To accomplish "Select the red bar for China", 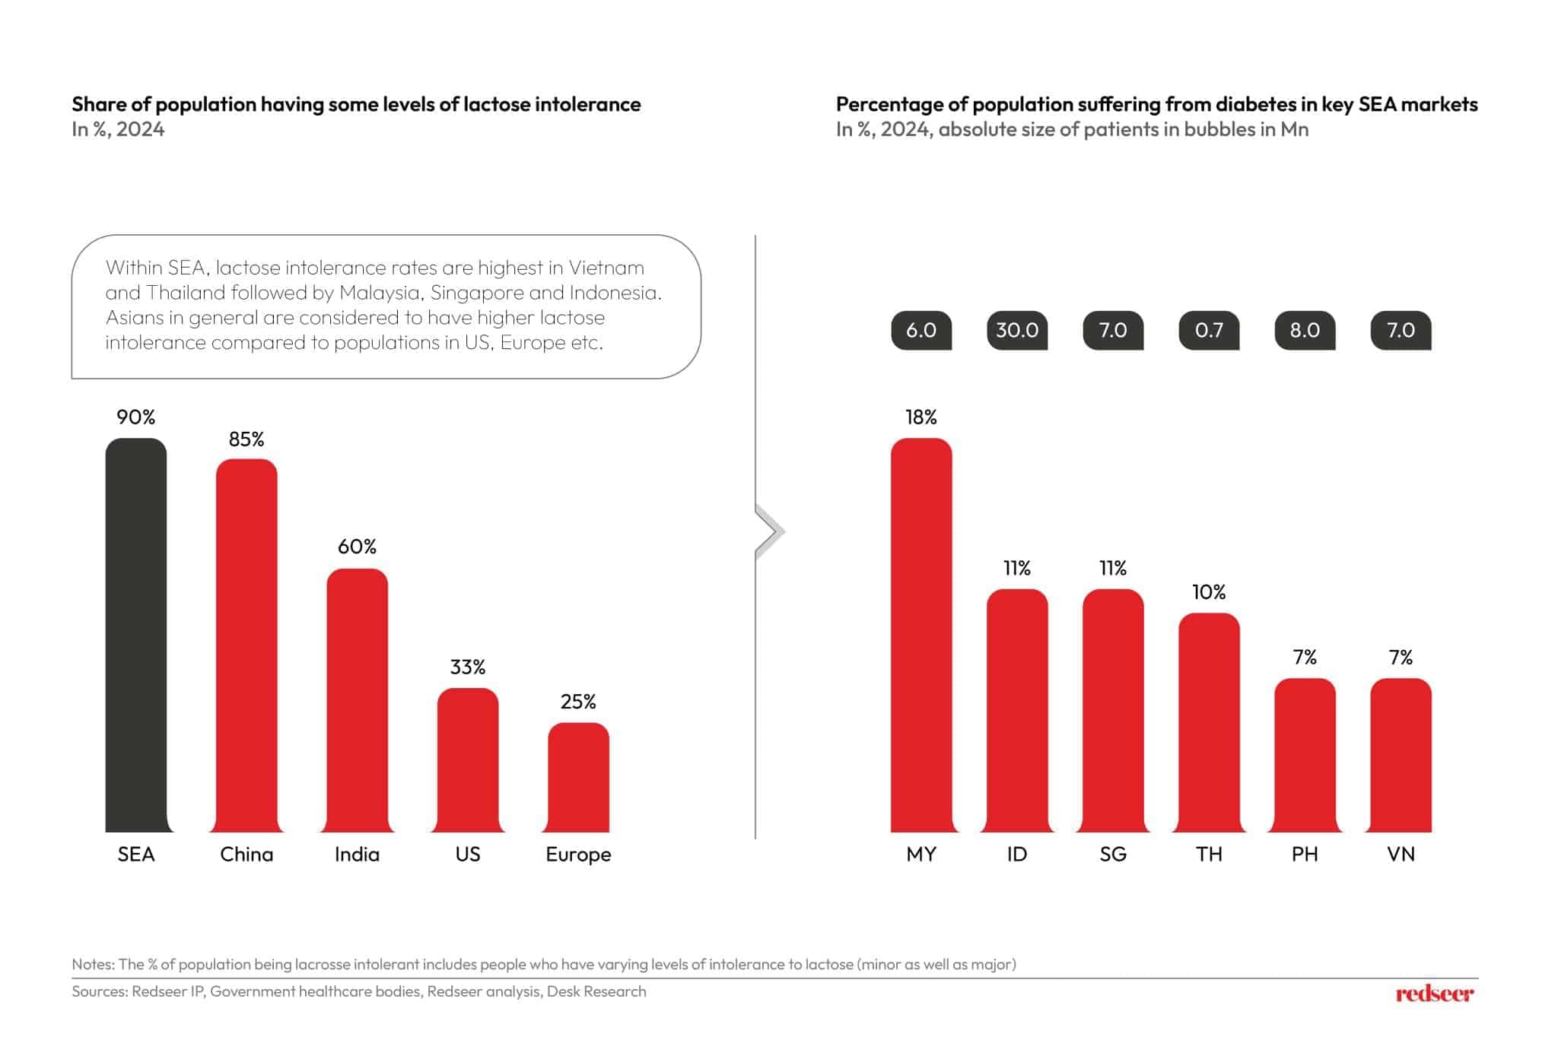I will [x=246, y=645].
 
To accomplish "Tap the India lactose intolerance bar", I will [x=357, y=700].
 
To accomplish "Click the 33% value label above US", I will [x=467, y=667].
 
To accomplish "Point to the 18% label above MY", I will [x=920, y=417].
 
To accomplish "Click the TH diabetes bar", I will [x=1209, y=722].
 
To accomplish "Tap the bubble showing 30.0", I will [x=1017, y=330].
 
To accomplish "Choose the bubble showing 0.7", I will [x=1209, y=330].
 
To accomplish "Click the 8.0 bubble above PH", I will [x=1305, y=330].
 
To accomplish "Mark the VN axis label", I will [x=1401, y=854].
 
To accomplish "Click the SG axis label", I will [x=1113, y=854].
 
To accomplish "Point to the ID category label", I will [x=1017, y=854].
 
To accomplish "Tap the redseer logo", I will [x=1434, y=993].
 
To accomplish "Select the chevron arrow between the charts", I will [x=770, y=531].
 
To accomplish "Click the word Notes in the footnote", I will [x=92, y=964].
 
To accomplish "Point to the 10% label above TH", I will [x=1209, y=591].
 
